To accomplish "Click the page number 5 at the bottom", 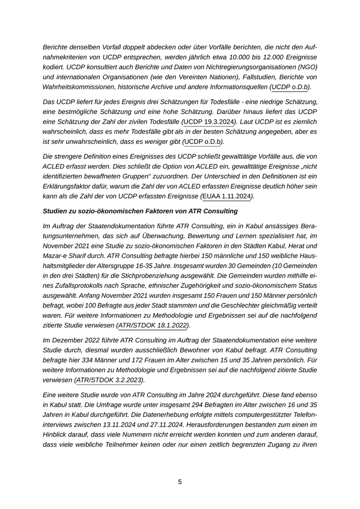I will click(x=180, y=482).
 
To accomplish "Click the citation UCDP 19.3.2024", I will click(x=208, y=121).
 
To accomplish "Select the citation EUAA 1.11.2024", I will click(x=226, y=196).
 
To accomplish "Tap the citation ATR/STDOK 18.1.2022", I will click(x=153, y=325).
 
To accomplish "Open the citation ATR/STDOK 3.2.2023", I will click(x=109, y=380).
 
